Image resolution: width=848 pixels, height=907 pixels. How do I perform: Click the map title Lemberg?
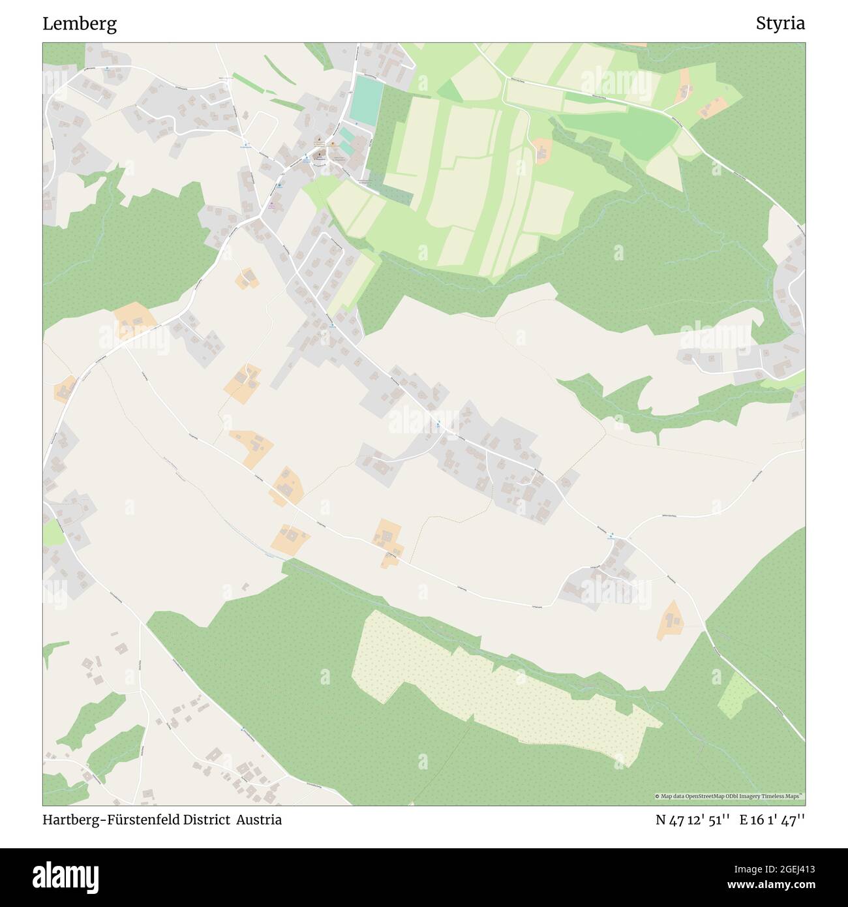tap(80, 24)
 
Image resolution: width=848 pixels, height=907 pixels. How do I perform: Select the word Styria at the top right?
tap(780, 24)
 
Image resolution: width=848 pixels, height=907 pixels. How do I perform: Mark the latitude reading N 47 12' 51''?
tap(692, 820)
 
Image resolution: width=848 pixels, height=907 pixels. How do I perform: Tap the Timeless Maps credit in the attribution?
tap(784, 796)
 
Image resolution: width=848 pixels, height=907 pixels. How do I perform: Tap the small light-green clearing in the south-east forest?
tap(736, 696)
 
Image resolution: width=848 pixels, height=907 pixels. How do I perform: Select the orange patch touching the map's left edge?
tap(64, 390)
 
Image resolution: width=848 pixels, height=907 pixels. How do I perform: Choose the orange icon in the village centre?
tap(332, 143)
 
